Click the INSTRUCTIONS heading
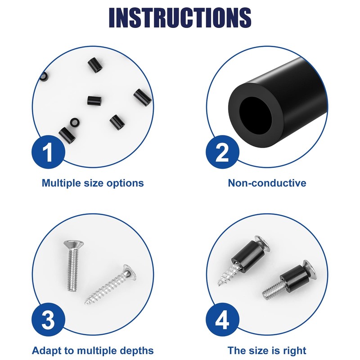180,18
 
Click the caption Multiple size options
93,183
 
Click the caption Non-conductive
267,183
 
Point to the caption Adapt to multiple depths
93,351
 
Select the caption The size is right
267,351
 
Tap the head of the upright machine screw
72,245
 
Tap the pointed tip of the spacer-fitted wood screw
219,285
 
